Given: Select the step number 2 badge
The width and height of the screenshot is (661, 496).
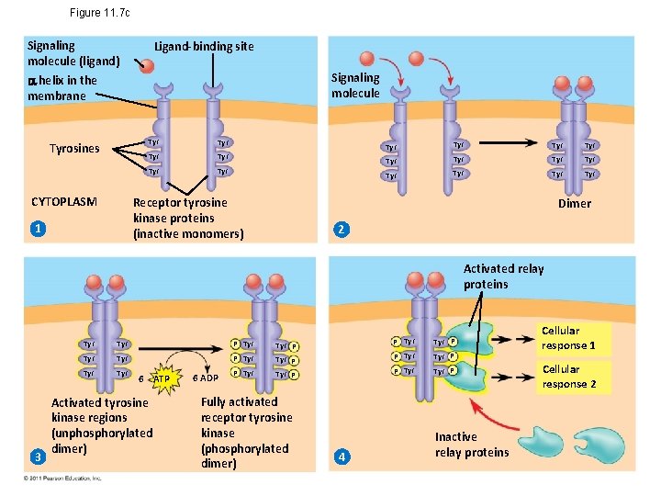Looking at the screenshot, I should tap(341, 229).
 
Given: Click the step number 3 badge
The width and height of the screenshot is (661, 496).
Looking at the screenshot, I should tap(36, 457).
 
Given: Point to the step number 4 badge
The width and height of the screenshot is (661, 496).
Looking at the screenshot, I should tap(341, 457).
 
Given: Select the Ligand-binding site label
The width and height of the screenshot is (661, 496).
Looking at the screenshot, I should tap(203, 46).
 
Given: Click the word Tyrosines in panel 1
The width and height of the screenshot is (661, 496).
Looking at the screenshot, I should tap(74, 149).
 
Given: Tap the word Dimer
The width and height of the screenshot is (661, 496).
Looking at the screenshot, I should tap(575, 204).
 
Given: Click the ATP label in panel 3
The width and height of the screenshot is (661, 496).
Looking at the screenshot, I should tap(162, 378).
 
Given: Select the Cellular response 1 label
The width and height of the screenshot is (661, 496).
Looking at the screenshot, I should tap(568, 338).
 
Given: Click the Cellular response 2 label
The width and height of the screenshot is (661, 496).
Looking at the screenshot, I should tap(568, 377).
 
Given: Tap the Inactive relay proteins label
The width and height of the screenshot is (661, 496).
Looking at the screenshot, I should tap(471, 445).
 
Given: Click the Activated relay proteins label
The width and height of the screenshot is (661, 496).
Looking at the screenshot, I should tap(503, 276).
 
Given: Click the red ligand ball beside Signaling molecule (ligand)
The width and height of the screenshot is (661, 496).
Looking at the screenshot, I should tap(146, 64).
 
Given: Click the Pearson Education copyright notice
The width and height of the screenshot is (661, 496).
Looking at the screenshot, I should tap(63, 479).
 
